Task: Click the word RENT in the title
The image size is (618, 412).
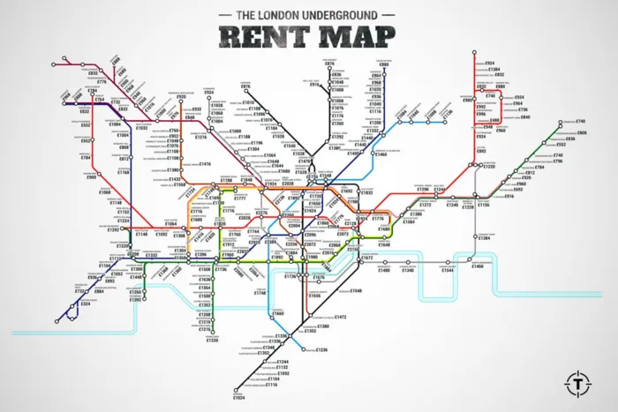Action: click(x=260, y=37)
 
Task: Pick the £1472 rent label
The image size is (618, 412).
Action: click(x=340, y=317)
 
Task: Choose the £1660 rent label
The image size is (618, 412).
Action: click(x=278, y=313)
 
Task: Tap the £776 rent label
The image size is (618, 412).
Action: click(x=102, y=82)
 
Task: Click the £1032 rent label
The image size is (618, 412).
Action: click(x=142, y=128)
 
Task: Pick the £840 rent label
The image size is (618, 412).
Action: click(x=524, y=117)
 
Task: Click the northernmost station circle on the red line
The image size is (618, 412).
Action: click(x=477, y=54)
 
